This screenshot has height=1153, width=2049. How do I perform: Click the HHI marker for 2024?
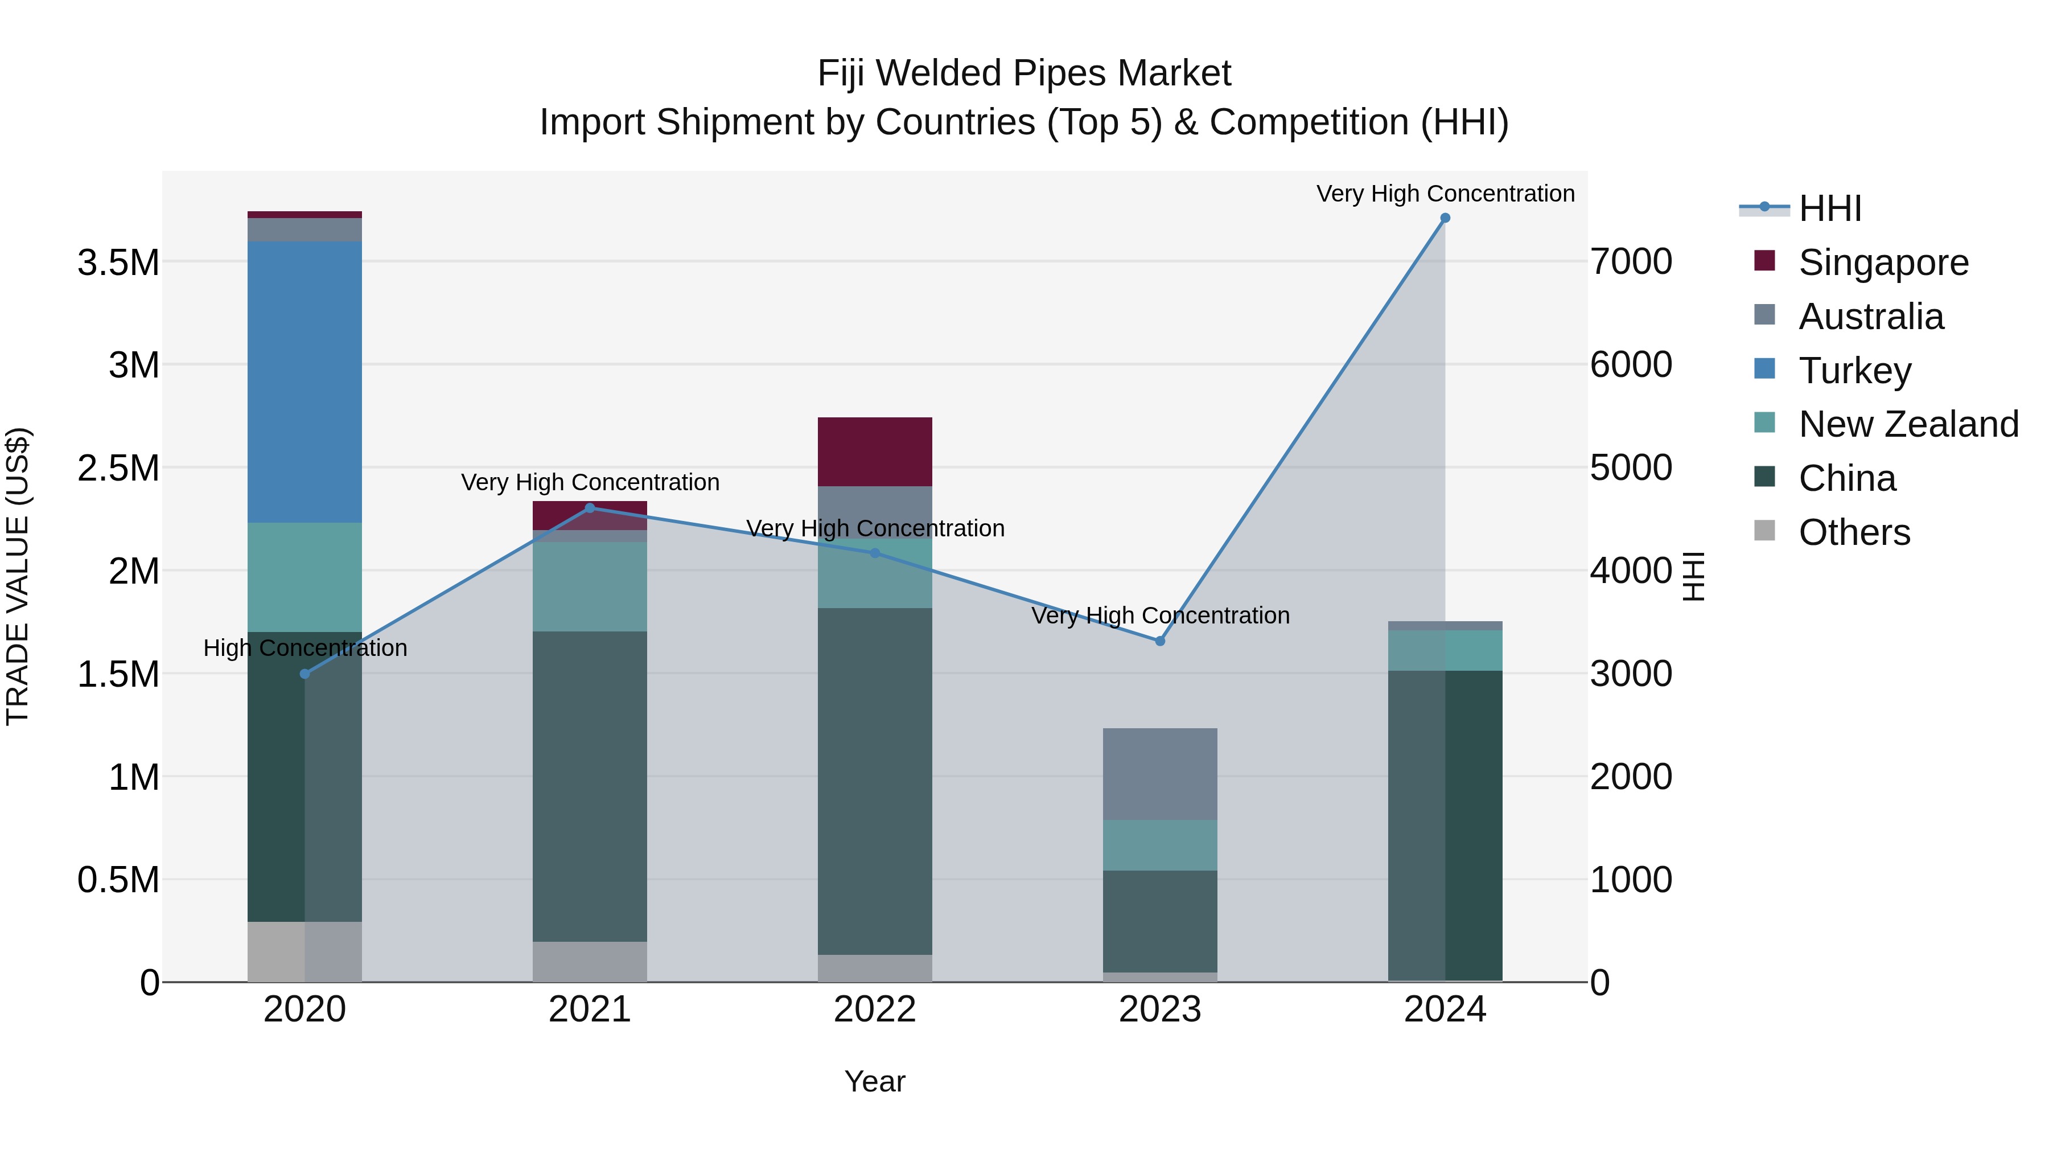(1445, 218)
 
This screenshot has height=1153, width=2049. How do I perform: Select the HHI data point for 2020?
(305, 674)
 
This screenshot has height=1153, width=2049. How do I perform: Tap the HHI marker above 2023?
(1160, 641)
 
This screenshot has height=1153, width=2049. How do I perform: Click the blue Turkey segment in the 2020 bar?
(305, 382)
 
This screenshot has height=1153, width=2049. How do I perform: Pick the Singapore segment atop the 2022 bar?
(874, 451)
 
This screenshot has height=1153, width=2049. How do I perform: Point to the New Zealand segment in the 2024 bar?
(1445, 650)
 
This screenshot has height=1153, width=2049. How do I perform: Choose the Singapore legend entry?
(1882, 262)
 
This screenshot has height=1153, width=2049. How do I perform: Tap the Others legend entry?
(1853, 532)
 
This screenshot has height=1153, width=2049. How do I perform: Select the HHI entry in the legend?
(1829, 208)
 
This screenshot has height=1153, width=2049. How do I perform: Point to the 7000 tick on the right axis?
(1631, 262)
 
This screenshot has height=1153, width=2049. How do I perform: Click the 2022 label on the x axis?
(874, 1010)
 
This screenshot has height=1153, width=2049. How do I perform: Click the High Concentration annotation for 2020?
(306, 648)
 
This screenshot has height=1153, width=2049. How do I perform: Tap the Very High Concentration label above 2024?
(1445, 194)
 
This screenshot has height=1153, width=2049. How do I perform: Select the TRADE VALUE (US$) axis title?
(18, 576)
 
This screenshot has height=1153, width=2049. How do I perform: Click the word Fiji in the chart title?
(842, 73)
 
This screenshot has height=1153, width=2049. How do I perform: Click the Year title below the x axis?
(874, 1081)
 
